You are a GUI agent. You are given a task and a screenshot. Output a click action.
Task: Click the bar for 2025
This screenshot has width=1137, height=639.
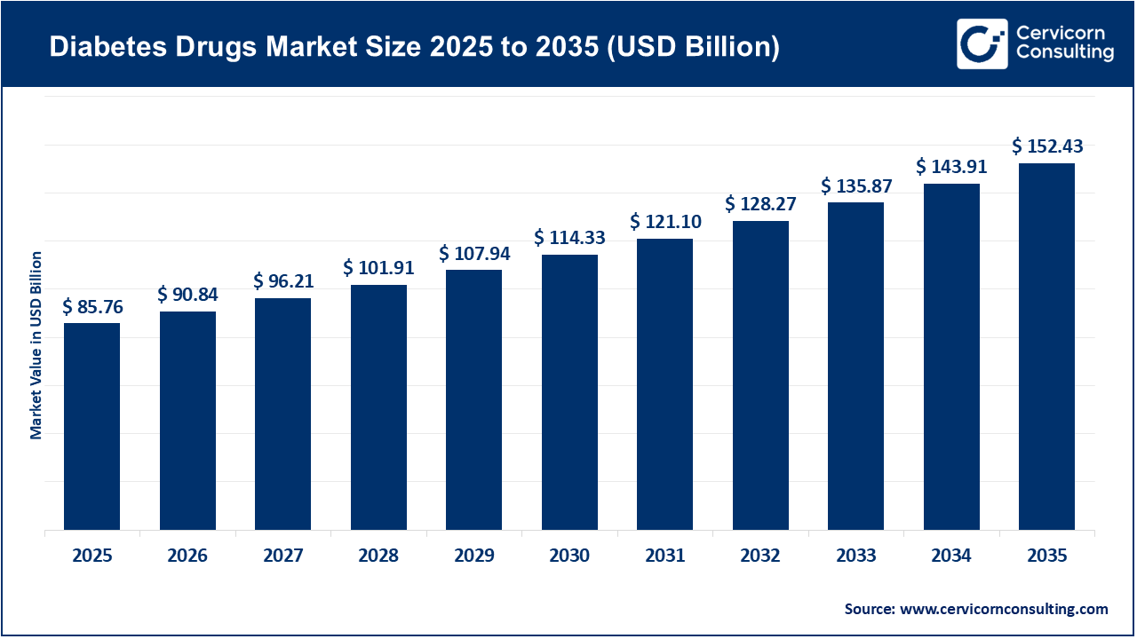click(x=91, y=426)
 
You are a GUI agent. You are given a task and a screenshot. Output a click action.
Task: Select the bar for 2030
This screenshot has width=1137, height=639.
click(x=569, y=392)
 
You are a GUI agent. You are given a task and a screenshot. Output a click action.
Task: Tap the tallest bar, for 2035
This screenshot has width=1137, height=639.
click(x=1046, y=346)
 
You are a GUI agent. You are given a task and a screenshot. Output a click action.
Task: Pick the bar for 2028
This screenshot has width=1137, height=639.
click(x=378, y=407)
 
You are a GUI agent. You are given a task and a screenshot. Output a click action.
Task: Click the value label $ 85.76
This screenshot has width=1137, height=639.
click(x=92, y=307)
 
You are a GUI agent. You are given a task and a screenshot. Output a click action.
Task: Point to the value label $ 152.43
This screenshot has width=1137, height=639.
click(x=1047, y=146)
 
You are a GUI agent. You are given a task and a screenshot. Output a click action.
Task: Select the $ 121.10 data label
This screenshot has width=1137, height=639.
click(x=665, y=222)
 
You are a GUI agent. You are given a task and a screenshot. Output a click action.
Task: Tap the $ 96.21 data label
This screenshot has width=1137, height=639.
click(x=283, y=281)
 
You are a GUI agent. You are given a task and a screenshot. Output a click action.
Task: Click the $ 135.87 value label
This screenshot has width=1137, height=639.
click(x=856, y=186)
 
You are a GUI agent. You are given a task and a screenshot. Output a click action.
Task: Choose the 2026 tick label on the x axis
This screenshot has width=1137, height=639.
click(x=187, y=556)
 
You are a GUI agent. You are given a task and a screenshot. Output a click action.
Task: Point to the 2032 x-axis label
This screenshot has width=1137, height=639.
click(x=760, y=556)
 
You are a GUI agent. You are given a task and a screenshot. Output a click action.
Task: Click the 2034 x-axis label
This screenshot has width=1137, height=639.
click(x=951, y=556)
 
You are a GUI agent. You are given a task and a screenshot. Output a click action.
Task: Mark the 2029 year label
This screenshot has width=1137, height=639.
click(x=474, y=556)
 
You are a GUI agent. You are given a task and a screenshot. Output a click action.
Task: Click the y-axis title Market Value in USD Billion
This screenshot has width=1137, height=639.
click(x=36, y=345)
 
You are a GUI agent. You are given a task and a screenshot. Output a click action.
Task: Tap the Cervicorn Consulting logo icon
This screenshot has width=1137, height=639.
click(x=982, y=43)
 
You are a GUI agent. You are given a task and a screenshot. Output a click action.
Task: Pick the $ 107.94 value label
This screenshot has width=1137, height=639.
click(x=474, y=254)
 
